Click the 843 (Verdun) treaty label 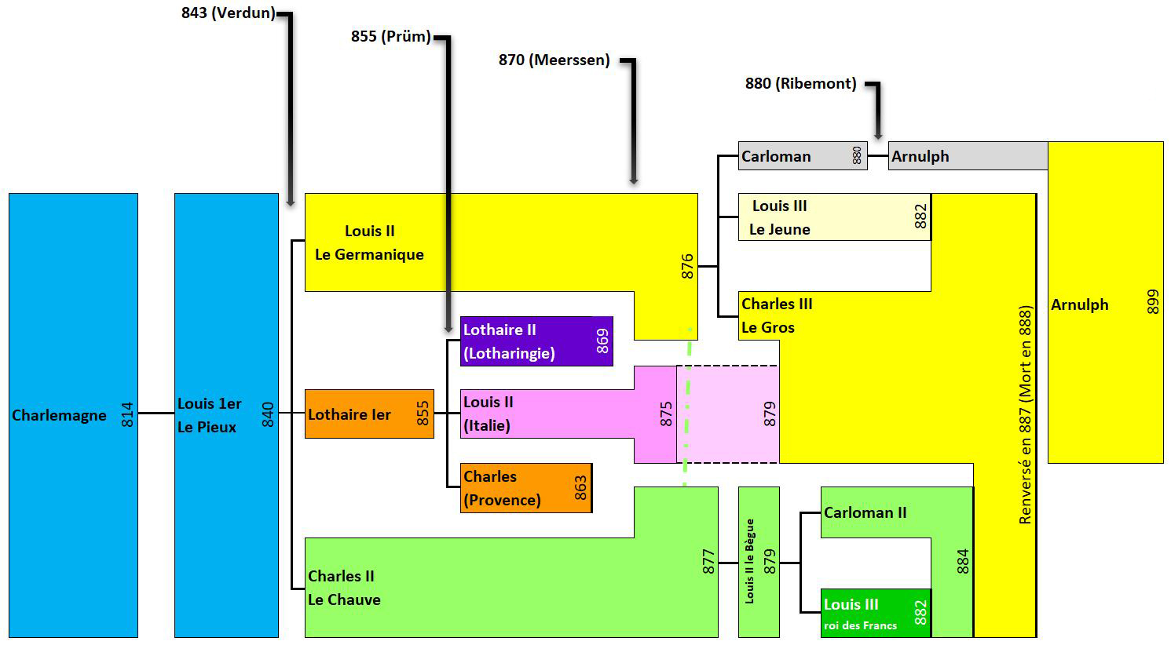point(228,13)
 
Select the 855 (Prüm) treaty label point(390,36)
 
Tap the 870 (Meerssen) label point(554,60)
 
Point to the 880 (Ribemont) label point(800,83)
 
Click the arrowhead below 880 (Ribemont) point(878,134)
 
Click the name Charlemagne point(59,415)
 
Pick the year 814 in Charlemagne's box point(127,415)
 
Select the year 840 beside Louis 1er point(268,414)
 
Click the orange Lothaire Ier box point(368,414)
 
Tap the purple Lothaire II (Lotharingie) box point(536,341)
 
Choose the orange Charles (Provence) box point(525,488)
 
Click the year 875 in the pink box point(666,414)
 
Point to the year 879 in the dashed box point(769,414)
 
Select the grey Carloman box point(802,156)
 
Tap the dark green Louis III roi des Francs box point(875,613)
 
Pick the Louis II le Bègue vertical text point(750,561)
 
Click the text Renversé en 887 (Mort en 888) point(1024,415)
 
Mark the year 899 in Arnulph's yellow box point(1152,303)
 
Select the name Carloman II point(865,512)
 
